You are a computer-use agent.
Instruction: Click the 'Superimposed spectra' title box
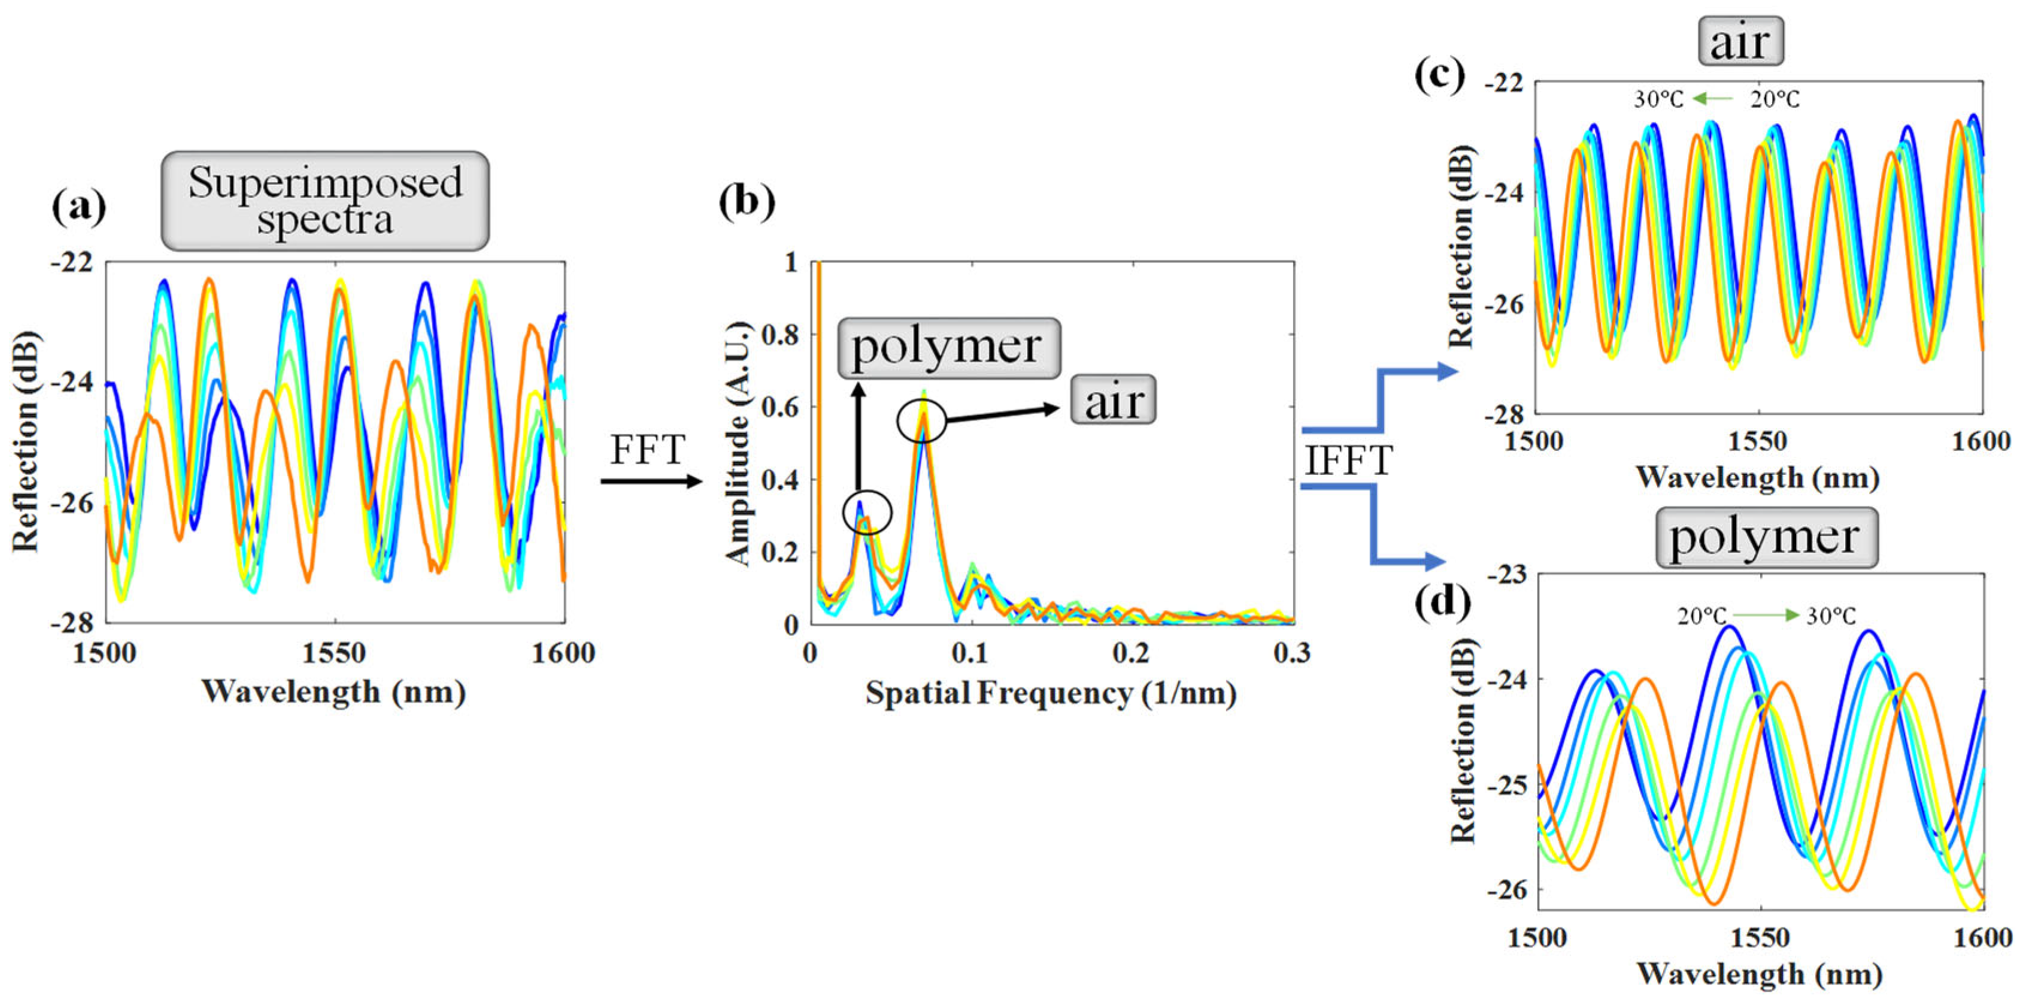(x=325, y=201)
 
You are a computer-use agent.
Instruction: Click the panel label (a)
(x=78, y=208)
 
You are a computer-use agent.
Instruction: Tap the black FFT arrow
(x=650, y=481)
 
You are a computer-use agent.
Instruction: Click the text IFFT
(x=1348, y=461)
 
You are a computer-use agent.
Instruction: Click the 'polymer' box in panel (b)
(x=948, y=348)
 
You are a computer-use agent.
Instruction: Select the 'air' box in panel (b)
(x=1113, y=401)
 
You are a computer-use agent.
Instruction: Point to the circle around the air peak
(x=922, y=421)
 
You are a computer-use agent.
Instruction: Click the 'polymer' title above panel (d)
(x=1766, y=538)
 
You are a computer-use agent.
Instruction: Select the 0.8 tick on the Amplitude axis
(x=780, y=335)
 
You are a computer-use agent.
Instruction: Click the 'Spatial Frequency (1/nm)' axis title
(x=1051, y=693)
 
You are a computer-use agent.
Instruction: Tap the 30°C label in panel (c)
(x=1658, y=100)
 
